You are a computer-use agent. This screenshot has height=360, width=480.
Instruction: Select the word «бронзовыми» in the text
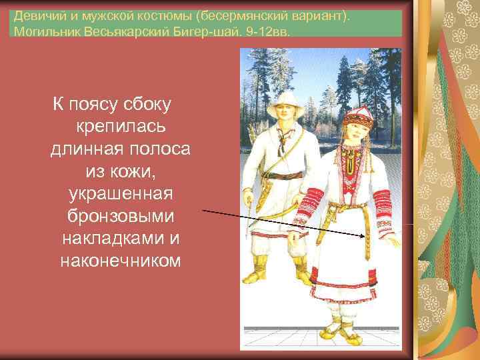[x=121, y=217]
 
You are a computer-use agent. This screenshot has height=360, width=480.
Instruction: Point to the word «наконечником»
[x=121, y=261]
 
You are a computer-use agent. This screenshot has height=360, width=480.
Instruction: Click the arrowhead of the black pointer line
[x=364, y=235]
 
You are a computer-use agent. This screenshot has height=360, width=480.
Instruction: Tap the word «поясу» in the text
[x=95, y=104]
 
